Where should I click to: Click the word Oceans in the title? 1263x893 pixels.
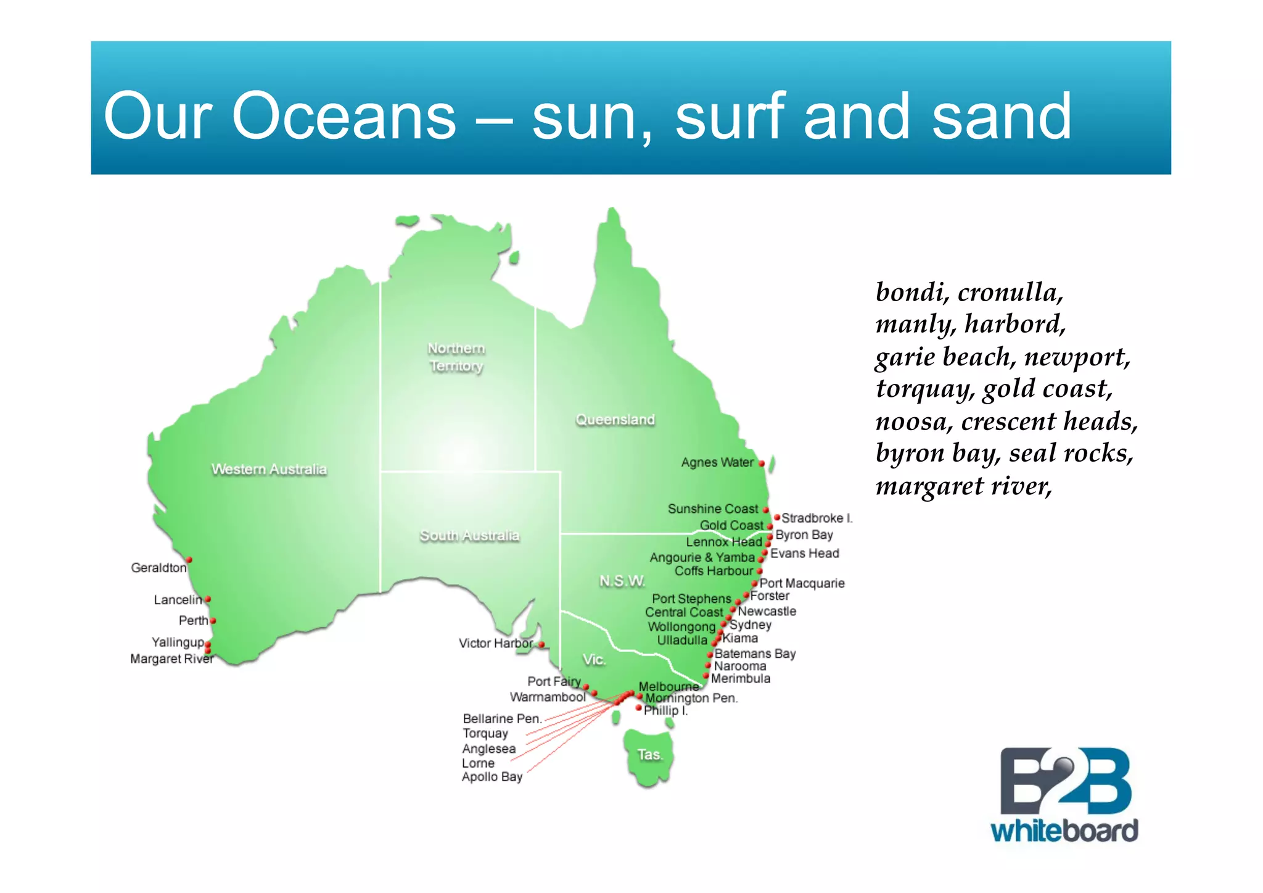(x=344, y=115)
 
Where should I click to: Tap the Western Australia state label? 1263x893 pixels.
(x=269, y=469)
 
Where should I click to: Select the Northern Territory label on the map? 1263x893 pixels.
(x=456, y=357)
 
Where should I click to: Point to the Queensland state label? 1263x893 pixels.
(x=615, y=420)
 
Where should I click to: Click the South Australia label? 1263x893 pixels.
(x=469, y=535)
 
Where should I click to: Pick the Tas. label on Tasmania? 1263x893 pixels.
(x=649, y=755)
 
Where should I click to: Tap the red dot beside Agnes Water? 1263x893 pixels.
(x=762, y=463)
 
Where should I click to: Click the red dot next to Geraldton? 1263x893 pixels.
(x=189, y=560)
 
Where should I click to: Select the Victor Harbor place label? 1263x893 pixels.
(x=495, y=643)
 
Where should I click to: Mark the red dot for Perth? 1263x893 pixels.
(x=213, y=621)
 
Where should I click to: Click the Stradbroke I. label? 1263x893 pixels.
(x=817, y=518)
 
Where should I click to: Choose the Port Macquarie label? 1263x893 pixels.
(x=802, y=583)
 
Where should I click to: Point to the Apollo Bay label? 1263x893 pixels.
(x=492, y=777)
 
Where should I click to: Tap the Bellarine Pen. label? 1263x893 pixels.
(x=502, y=718)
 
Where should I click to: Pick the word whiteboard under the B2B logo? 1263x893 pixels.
(x=1064, y=831)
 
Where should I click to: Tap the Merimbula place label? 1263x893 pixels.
(x=740, y=679)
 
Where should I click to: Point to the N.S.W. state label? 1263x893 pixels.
(x=622, y=581)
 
